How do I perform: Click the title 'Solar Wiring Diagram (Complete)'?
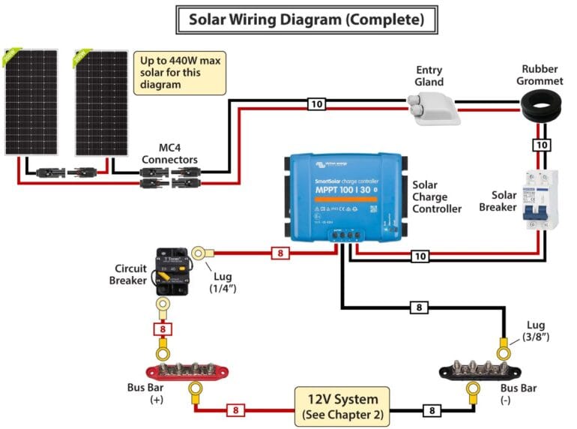click(305, 19)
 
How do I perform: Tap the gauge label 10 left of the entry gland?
click(317, 104)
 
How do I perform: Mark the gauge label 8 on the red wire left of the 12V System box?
click(235, 410)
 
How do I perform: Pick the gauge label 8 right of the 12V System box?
click(432, 410)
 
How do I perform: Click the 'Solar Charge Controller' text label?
click(437, 196)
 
